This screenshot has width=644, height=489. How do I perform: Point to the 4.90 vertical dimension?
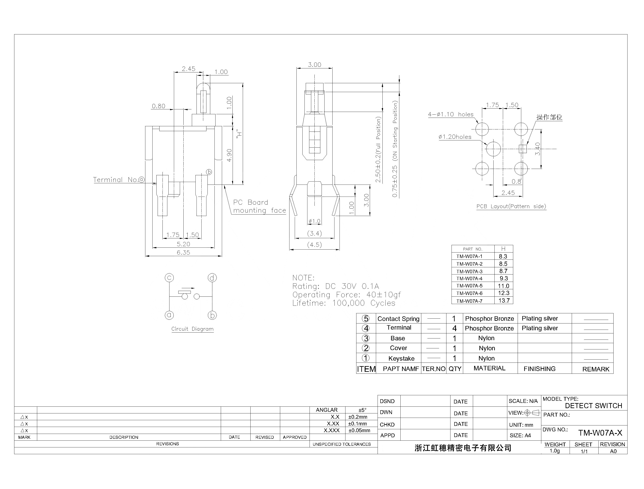pos(229,155)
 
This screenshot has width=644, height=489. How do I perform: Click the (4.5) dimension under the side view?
pos(315,245)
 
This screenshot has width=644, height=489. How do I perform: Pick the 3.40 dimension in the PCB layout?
pos(538,149)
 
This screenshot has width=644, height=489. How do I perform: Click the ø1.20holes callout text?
pos(455,137)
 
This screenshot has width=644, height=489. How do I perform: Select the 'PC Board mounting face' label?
pos(259,206)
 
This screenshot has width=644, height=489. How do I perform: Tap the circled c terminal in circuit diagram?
pos(169,278)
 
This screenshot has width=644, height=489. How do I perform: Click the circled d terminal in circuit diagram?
pos(212,278)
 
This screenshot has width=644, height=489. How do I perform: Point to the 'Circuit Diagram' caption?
pos(192,329)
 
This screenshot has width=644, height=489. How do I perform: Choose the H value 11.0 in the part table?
pos(504,286)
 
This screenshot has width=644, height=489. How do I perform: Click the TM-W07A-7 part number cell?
pos(469,301)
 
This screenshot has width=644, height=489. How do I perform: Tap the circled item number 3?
pos(366,338)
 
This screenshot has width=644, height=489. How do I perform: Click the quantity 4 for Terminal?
pos(454,328)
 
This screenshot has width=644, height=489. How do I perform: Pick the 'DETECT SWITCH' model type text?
pos(593,406)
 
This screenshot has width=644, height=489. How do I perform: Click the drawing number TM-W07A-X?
pos(600,433)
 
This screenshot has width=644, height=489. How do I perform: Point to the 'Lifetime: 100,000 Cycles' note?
pos(344,303)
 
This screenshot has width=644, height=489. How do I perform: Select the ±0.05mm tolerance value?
pos(359,431)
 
